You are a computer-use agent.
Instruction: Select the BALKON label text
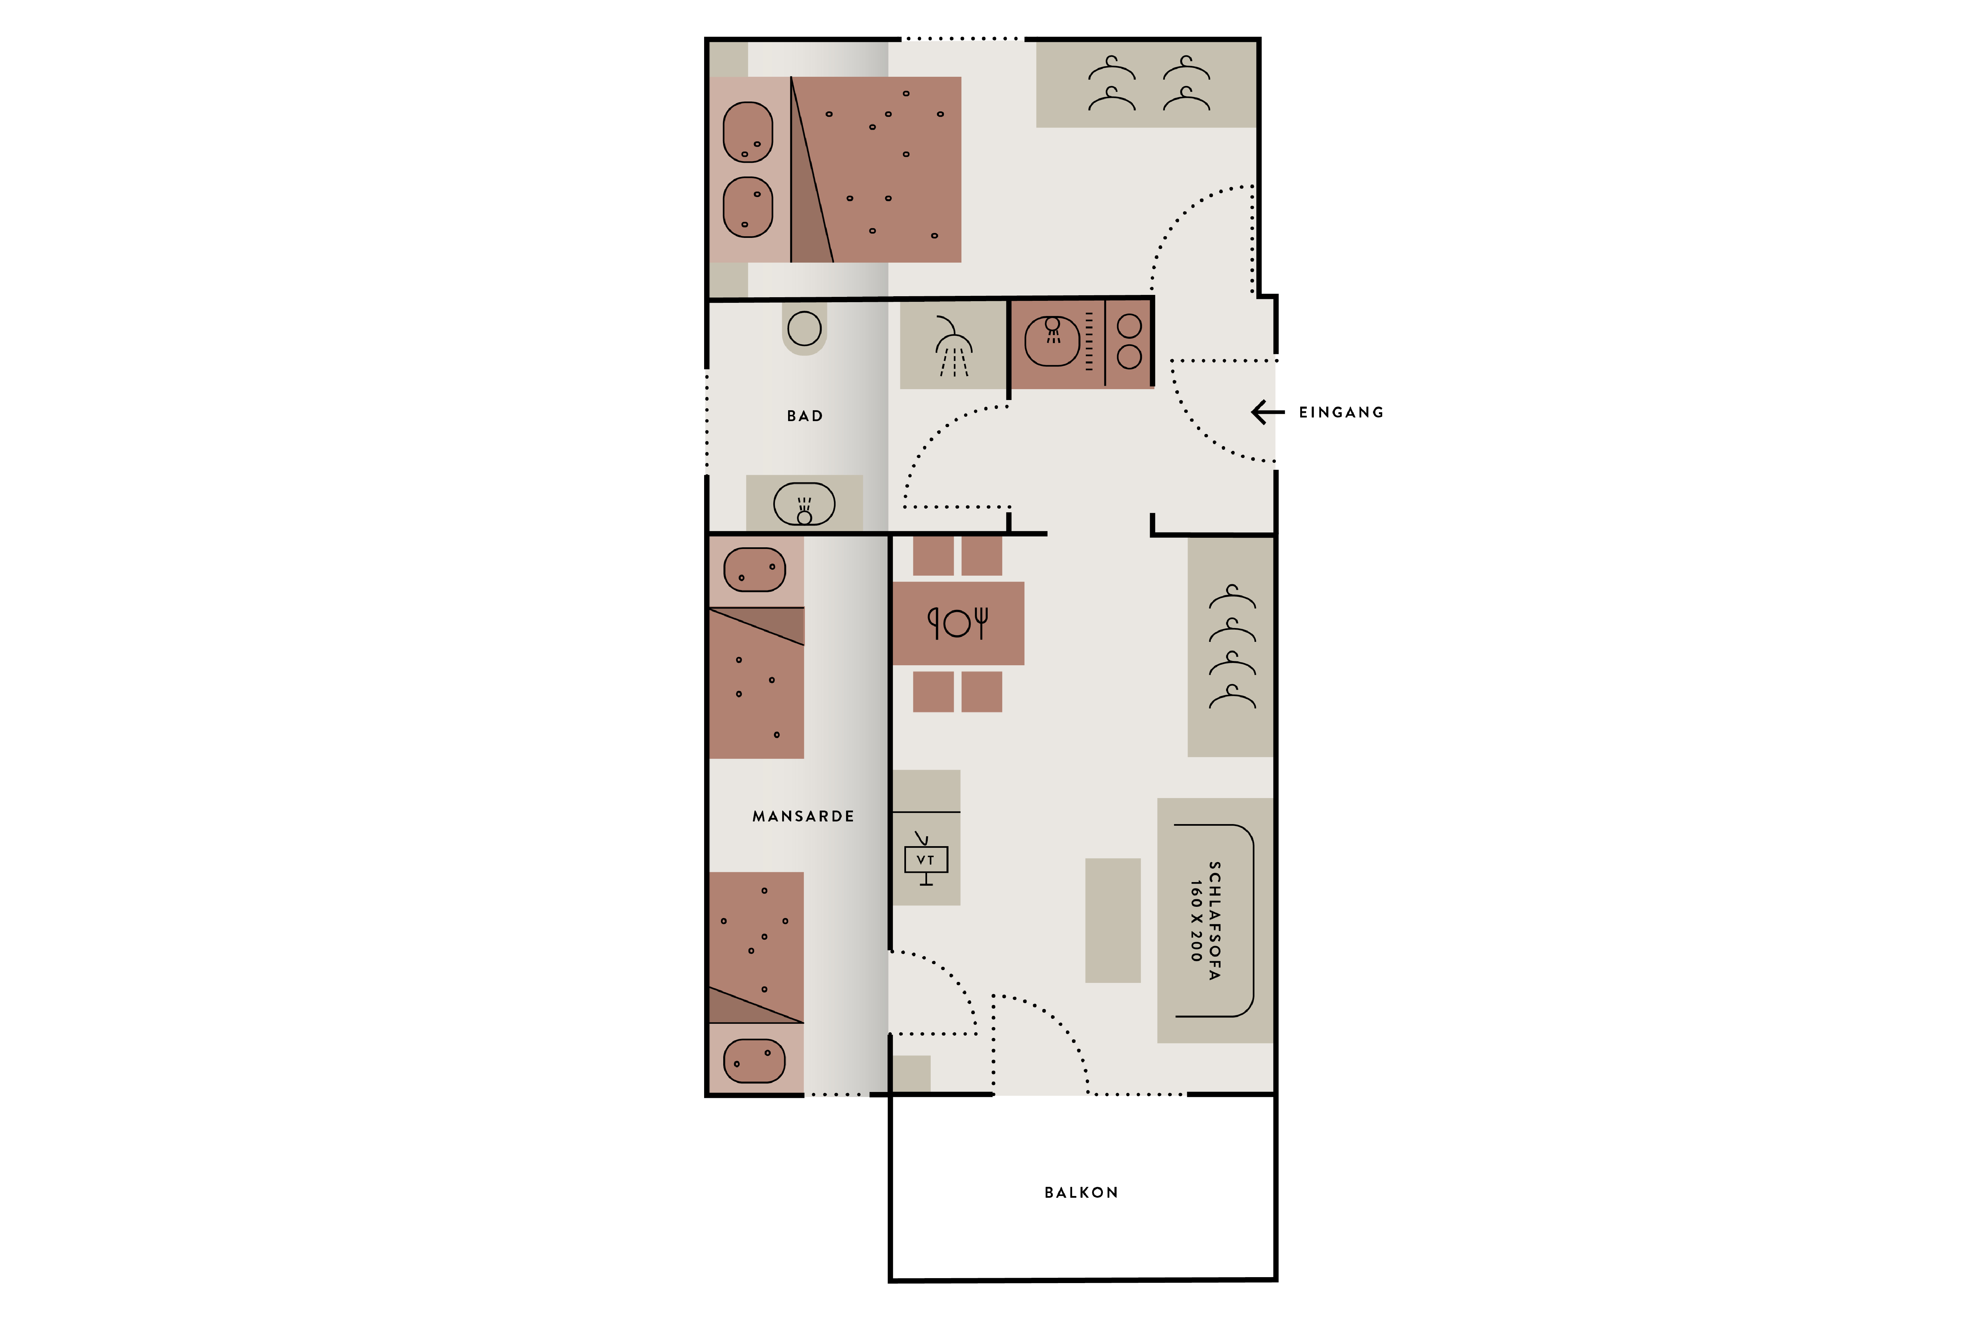pos(1081,1193)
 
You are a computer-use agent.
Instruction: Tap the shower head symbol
pos(953,346)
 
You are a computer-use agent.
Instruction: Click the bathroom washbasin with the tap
pos(804,504)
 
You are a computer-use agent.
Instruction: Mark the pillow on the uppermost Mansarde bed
pos(755,570)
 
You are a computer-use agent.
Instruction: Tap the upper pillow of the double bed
pos(748,132)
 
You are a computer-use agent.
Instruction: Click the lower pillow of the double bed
pos(748,207)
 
